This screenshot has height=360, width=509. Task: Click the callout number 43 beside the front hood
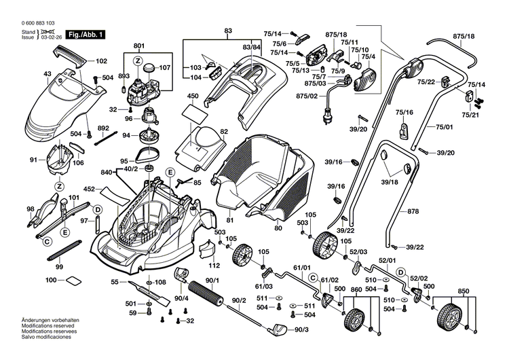28,74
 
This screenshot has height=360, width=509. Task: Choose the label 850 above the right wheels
463,291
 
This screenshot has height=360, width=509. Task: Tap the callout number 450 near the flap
193,96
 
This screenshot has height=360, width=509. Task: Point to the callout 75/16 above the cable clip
404,111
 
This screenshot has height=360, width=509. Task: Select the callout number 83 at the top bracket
227,31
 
